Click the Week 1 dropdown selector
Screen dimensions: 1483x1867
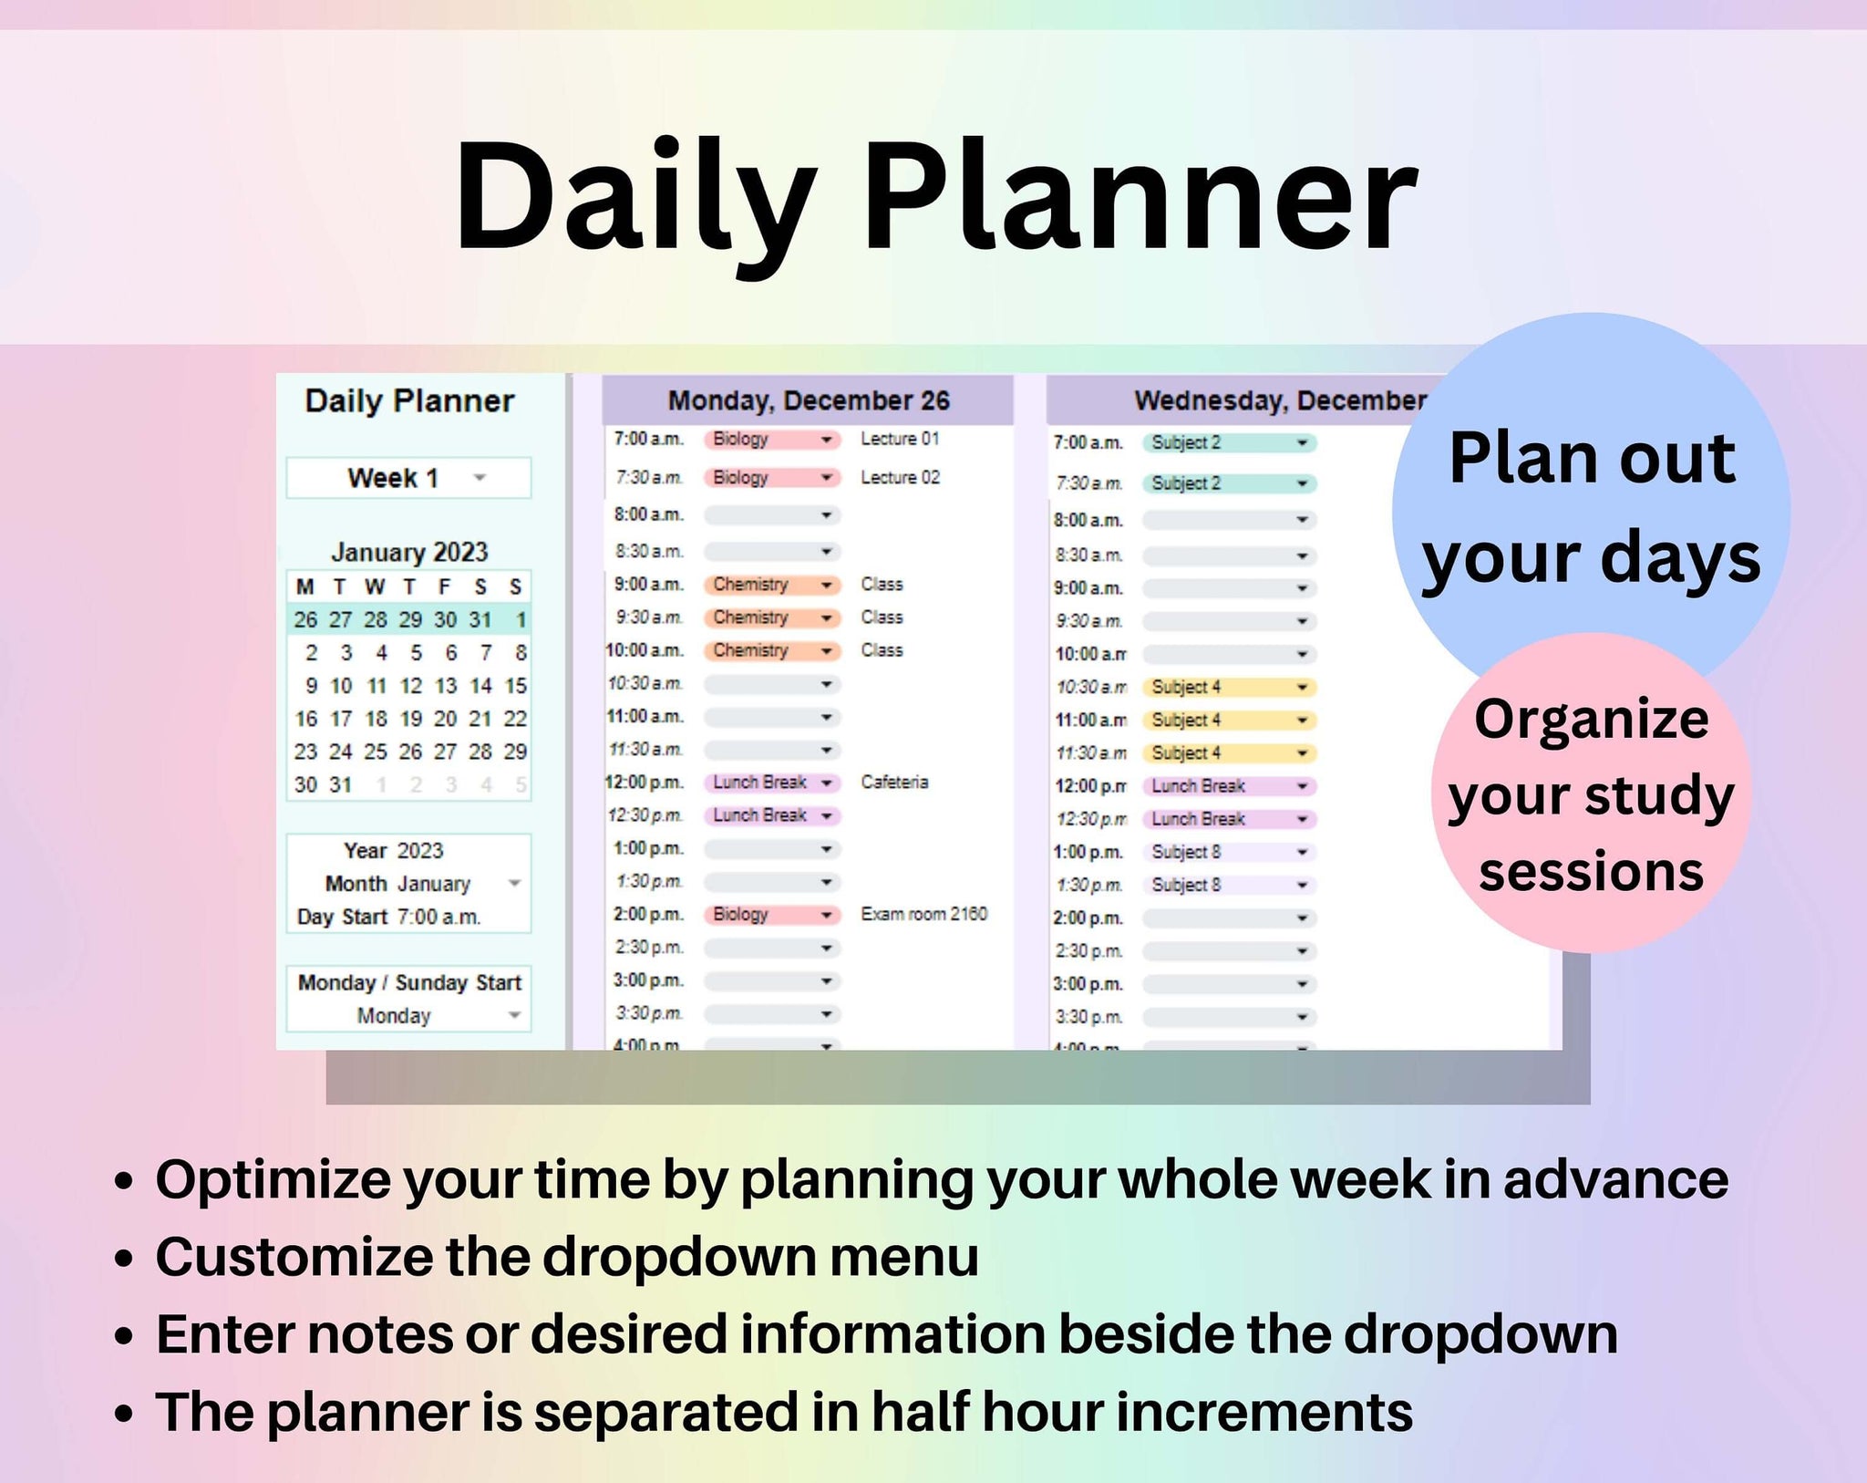coord(408,478)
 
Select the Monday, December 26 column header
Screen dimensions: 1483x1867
coord(808,400)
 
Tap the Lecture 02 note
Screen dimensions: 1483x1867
coord(900,477)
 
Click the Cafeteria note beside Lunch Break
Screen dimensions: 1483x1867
coord(894,782)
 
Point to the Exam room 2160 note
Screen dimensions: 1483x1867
coord(923,914)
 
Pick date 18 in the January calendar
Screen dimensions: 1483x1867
coord(376,719)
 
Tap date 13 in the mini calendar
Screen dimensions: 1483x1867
coord(446,686)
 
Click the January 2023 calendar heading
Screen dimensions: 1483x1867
coord(409,552)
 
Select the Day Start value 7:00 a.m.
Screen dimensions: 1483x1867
coord(438,917)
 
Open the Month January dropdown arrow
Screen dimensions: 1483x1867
coord(514,883)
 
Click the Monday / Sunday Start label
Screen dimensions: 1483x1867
coord(409,982)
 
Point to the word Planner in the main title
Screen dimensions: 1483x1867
coord(1140,196)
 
